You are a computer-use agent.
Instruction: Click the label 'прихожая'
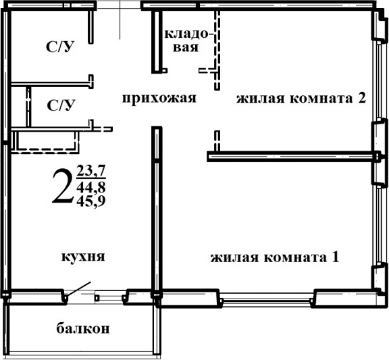[159, 99]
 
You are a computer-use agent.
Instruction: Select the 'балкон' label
[83, 329]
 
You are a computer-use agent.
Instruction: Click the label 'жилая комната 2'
[301, 99]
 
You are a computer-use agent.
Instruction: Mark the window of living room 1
[267, 297]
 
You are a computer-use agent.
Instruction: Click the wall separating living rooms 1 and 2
[290, 157]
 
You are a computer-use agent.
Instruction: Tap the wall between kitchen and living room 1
[156, 209]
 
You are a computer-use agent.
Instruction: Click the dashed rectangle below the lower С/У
[46, 143]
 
